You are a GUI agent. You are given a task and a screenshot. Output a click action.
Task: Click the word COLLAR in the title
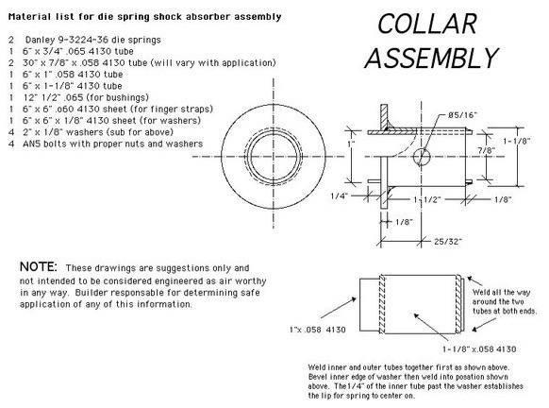coord(427,24)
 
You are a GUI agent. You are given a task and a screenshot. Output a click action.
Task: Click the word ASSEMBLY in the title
coord(431,58)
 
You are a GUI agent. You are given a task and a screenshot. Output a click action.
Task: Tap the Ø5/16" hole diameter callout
coord(462,115)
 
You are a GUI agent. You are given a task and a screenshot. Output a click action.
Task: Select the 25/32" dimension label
coord(448,241)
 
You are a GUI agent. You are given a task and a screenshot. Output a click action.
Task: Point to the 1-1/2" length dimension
coord(426,200)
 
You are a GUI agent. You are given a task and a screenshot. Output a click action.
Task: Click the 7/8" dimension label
coord(487,150)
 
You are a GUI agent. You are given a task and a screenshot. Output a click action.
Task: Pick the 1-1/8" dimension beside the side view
coord(517,141)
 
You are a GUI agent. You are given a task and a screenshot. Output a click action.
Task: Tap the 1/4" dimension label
coord(339,195)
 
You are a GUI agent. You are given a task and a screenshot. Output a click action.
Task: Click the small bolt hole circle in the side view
coord(422,157)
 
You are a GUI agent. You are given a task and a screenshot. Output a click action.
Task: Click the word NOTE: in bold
coord(38,266)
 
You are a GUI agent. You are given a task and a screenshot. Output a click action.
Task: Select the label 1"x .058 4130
coord(318,330)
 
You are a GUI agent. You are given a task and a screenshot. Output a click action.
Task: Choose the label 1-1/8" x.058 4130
coord(479,349)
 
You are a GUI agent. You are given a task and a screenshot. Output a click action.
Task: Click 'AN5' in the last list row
coord(31,144)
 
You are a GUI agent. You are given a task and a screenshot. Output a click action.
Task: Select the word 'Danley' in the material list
coord(40,40)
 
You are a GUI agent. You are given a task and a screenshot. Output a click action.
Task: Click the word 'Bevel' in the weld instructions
coord(318,377)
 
